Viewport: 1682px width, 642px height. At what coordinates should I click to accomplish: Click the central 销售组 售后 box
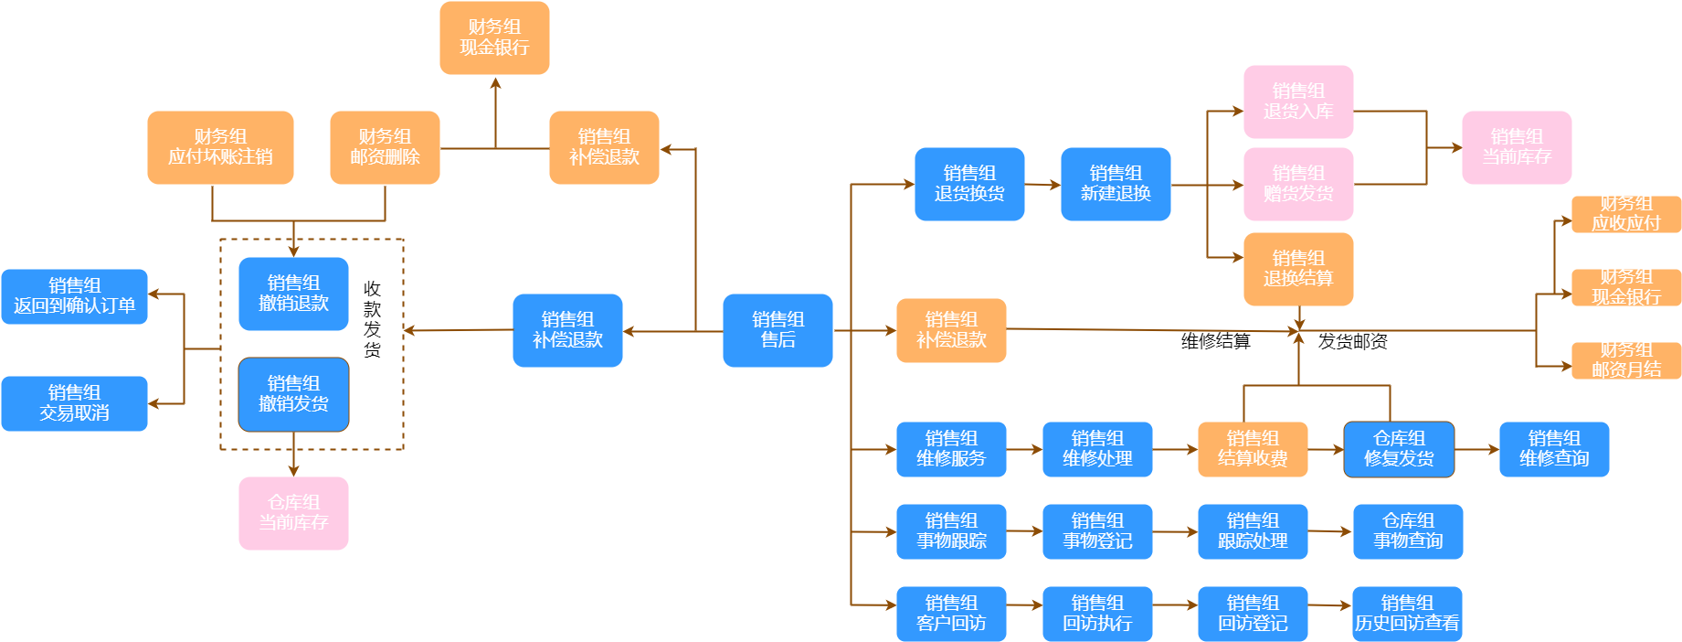point(778,330)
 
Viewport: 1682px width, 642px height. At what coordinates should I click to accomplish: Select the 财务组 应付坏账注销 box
point(220,147)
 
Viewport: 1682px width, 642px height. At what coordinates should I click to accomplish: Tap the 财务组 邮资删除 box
point(385,147)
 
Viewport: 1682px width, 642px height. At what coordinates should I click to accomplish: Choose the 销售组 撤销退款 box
point(293,294)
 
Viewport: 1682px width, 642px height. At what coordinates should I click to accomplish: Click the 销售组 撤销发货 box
point(293,394)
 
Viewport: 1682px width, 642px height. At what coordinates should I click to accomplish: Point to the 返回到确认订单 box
point(74,296)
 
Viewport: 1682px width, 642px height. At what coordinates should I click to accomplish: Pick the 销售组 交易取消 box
point(74,403)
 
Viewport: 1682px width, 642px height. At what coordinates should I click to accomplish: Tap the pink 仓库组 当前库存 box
point(293,513)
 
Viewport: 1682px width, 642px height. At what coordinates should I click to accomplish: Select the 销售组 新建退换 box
point(1116,184)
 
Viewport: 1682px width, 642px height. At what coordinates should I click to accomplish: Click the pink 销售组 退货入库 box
point(1298,102)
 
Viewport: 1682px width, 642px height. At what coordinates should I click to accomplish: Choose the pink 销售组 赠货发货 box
point(1298,184)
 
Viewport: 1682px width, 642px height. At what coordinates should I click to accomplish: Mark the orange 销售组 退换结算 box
point(1298,269)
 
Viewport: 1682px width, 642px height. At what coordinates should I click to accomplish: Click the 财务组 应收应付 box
point(1626,214)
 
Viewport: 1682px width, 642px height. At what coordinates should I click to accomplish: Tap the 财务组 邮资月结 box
point(1626,360)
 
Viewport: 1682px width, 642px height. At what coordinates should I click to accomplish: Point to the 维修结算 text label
point(1215,341)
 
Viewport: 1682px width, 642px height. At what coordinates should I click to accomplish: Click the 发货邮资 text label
point(1352,341)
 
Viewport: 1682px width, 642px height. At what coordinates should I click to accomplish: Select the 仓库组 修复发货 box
point(1399,449)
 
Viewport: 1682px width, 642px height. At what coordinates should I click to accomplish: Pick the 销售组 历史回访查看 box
point(1407,614)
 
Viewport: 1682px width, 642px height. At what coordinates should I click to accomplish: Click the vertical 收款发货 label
point(372,319)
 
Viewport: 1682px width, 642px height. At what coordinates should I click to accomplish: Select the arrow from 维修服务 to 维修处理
point(1024,449)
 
